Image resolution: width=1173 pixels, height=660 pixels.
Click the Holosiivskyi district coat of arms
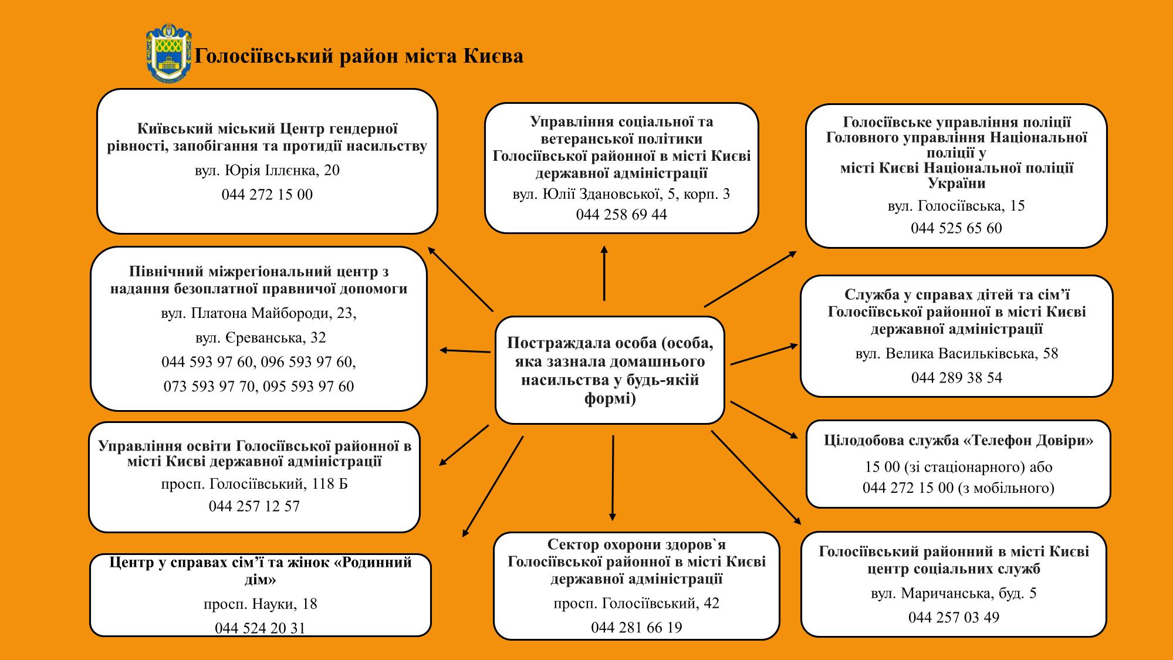coord(169,53)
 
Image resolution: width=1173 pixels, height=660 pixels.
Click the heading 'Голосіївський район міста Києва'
coord(359,56)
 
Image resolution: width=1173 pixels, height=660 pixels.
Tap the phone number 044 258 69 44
coord(621,215)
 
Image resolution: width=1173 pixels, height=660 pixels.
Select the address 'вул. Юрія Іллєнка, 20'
coord(267,171)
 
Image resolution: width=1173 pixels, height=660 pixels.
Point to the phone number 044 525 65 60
coord(956,228)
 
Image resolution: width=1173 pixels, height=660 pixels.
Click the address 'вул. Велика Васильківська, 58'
coord(956,354)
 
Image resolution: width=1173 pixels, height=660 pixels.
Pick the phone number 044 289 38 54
coord(956,378)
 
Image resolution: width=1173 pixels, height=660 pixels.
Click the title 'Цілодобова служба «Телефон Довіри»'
coord(958,441)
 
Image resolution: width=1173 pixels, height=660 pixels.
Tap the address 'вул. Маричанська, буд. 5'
coord(954,593)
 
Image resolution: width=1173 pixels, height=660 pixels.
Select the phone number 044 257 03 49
coord(954,617)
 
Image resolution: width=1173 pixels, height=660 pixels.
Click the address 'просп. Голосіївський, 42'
coord(636,604)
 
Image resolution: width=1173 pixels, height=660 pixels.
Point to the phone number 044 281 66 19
coord(637,628)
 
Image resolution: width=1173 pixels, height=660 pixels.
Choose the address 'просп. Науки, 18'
coord(260,604)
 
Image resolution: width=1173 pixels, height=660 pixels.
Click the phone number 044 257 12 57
coord(254,506)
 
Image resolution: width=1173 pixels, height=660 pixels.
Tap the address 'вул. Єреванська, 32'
coord(261,338)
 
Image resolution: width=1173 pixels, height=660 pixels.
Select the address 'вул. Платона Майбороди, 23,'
coord(259,313)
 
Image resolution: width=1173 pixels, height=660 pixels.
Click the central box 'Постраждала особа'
coord(610,370)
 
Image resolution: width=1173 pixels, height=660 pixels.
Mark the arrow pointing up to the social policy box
coord(604,273)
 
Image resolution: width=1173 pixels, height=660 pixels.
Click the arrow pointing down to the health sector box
coord(613,478)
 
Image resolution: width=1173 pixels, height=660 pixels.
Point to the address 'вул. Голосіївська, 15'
coord(956,206)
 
